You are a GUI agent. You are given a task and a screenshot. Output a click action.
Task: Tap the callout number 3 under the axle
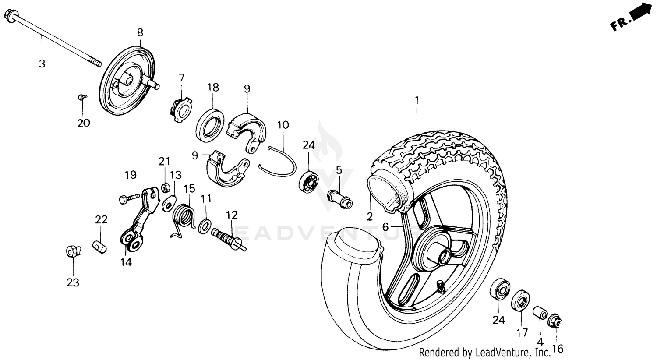pyautogui.click(x=42, y=64)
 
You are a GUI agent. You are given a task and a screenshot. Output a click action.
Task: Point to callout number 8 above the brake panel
pyautogui.click(x=140, y=32)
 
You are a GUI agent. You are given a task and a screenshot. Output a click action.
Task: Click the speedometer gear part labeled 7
pyautogui.click(x=180, y=109)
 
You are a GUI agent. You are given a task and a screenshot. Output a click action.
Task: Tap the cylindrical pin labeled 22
pyautogui.click(x=100, y=247)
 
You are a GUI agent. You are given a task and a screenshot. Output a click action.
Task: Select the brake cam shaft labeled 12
pyautogui.click(x=230, y=238)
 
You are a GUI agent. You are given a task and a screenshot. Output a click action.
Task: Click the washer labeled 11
pyautogui.click(x=204, y=226)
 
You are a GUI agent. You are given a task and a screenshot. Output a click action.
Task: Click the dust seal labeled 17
pyautogui.click(x=520, y=301)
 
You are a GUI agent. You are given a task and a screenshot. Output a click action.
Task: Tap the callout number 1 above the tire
pyautogui.click(x=417, y=100)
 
